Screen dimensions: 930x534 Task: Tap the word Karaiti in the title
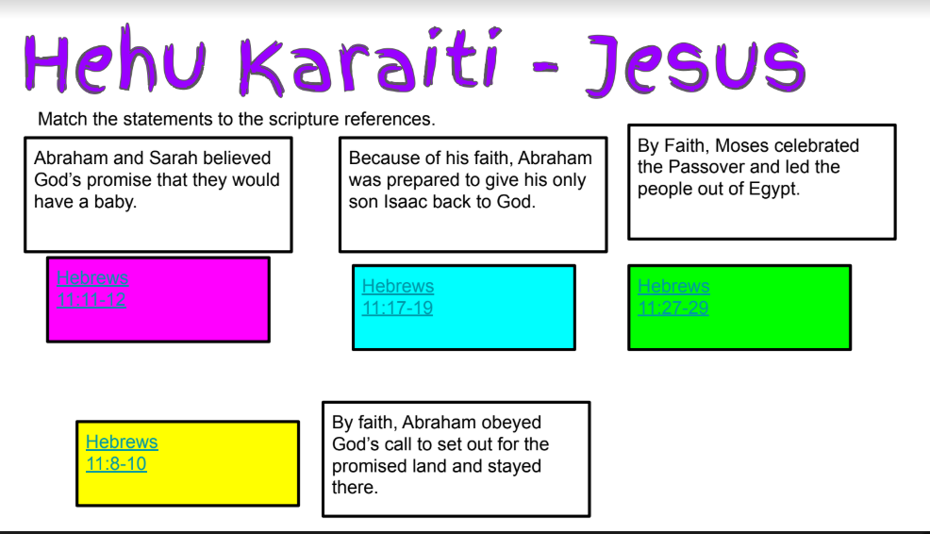click(x=370, y=61)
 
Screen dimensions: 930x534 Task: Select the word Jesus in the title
click(x=695, y=64)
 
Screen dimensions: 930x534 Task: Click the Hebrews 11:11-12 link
click(x=91, y=289)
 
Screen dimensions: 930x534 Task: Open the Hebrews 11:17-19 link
click(x=398, y=296)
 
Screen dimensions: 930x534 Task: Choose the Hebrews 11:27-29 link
click(x=673, y=296)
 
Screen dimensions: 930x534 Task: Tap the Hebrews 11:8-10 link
click(x=122, y=453)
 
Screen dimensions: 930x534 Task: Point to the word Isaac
click(x=406, y=202)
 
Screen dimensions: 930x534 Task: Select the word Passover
click(x=706, y=167)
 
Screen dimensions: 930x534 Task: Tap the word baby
click(x=115, y=202)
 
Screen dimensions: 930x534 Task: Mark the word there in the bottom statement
click(x=355, y=488)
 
